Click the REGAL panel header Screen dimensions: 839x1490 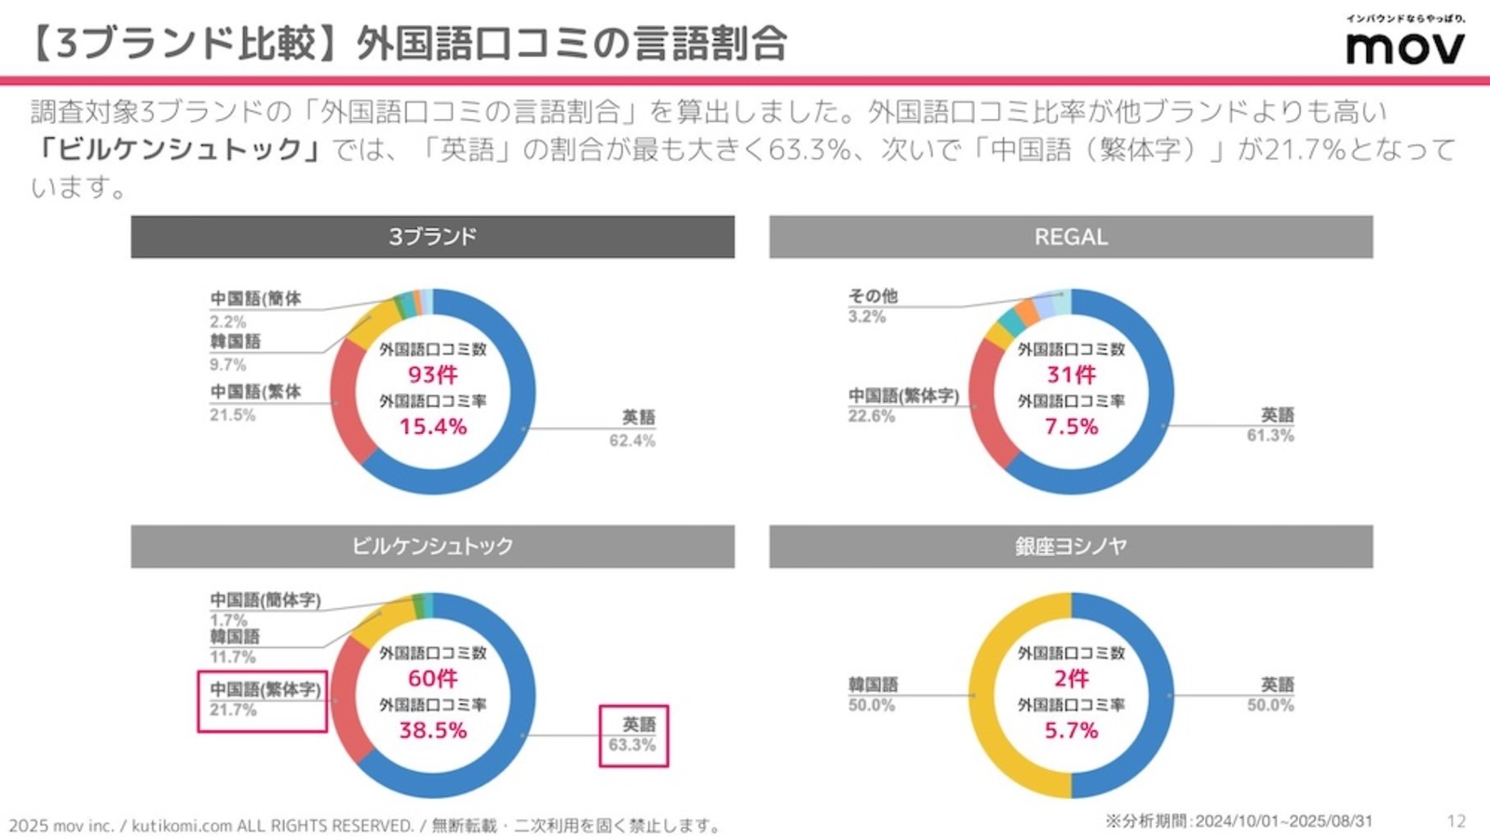(1070, 237)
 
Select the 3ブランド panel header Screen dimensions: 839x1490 (432, 237)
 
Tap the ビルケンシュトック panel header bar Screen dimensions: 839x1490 (432, 546)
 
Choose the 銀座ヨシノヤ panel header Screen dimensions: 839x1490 (1070, 546)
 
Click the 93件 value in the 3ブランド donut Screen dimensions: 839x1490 (433, 374)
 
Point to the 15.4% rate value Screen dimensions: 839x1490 (433, 426)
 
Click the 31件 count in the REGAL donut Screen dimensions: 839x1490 (1071, 374)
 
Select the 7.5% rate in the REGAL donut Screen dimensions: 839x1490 (1071, 426)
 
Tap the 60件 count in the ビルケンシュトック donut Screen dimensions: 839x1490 (433, 678)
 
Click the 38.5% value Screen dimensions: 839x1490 (433, 730)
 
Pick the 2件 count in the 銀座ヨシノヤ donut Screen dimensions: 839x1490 (1071, 678)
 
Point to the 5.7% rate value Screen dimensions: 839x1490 (1071, 730)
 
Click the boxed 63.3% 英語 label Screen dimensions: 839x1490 (633, 736)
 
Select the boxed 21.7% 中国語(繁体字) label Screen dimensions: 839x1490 (263, 700)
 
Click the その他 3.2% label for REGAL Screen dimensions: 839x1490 (873, 305)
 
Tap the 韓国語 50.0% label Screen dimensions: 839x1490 (873, 695)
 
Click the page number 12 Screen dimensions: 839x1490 (1456, 821)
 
